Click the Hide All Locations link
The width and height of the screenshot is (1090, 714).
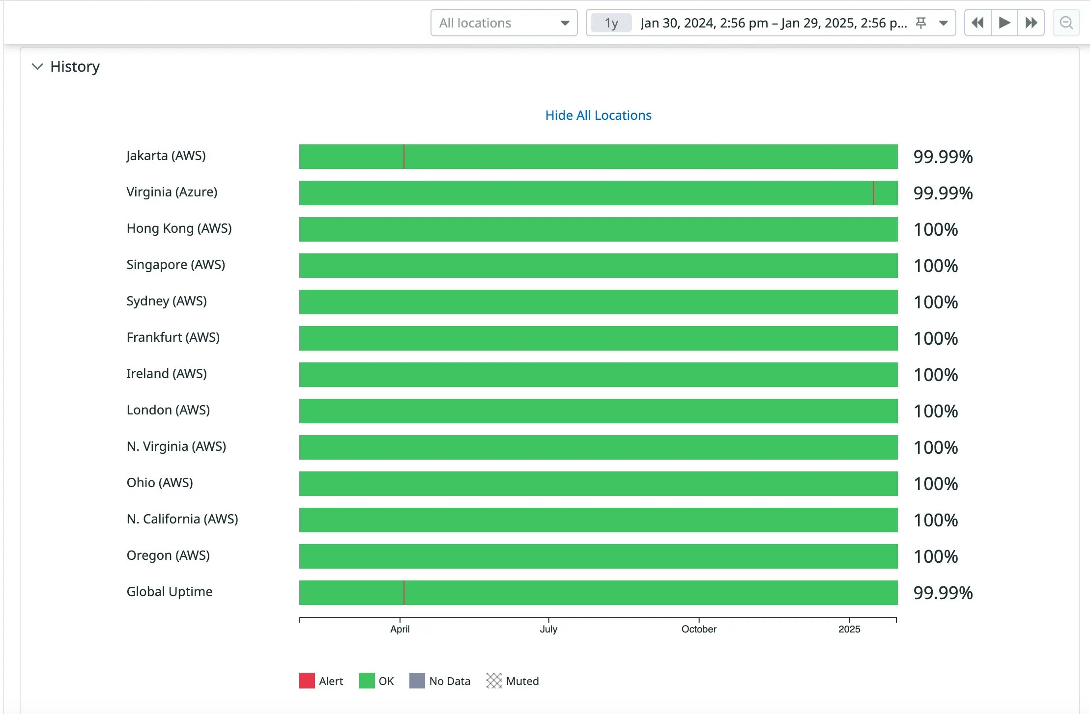pyautogui.click(x=598, y=115)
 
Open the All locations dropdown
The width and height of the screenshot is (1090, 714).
pyautogui.click(x=504, y=23)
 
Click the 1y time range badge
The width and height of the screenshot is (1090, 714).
pyautogui.click(x=611, y=23)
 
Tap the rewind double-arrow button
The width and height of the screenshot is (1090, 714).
pyautogui.click(x=977, y=23)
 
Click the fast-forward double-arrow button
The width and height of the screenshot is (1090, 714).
pyautogui.click(x=1031, y=23)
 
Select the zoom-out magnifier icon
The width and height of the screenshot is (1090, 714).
pyautogui.click(x=1066, y=23)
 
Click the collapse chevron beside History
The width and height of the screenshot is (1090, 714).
pyautogui.click(x=37, y=66)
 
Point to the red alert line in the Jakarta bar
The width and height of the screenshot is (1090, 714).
pyautogui.click(x=404, y=157)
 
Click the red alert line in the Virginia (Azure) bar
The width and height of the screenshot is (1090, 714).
pyautogui.click(x=874, y=193)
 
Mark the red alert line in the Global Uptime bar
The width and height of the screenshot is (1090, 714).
pyautogui.click(x=404, y=593)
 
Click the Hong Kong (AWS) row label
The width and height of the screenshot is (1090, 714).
pyautogui.click(x=179, y=228)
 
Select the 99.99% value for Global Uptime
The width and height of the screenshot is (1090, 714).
pyautogui.click(x=943, y=593)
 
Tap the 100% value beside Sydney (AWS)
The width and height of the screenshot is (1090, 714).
pyautogui.click(x=936, y=302)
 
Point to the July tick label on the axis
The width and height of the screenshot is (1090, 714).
pyautogui.click(x=548, y=629)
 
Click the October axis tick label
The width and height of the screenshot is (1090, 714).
pyautogui.click(x=698, y=629)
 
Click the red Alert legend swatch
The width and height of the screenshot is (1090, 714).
pyautogui.click(x=307, y=681)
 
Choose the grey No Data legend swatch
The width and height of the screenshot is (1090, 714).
pyautogui.click(x=417, y=681)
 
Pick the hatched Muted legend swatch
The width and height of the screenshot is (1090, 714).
pyautogui.click(x=494, y=681)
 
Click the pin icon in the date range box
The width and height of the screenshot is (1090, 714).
pyautogui.click(x=921, y=23)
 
